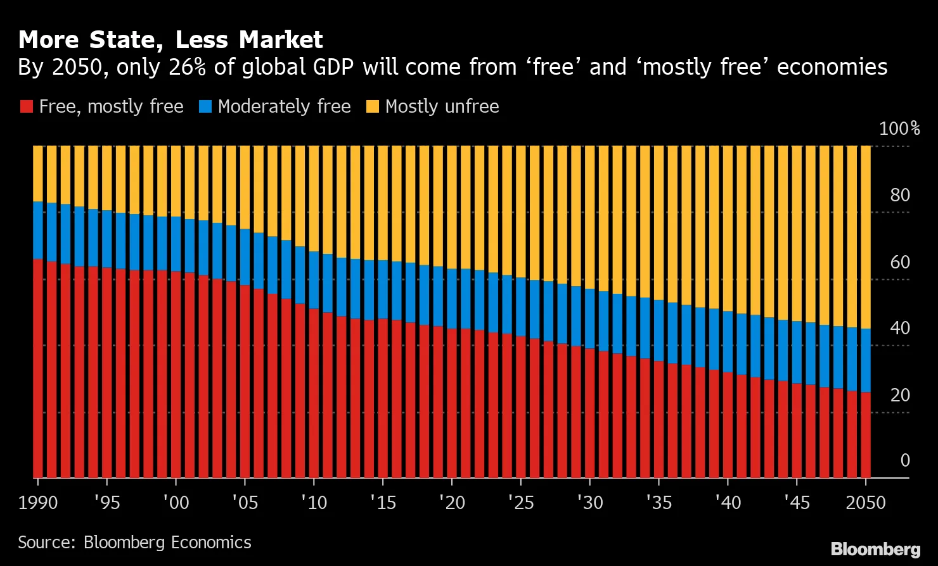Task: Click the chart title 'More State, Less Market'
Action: pyautogui.click(x=170, y=40)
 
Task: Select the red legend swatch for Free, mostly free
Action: pyautogui.click(x=25, y=106)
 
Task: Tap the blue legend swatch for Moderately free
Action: pyautogui.click(x=204, y=106)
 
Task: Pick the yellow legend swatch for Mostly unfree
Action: pyautogui.click(x=372, y=106)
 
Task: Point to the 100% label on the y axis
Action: pyautogui.click(x=899, y=129)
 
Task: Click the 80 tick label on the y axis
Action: pyautogui.click(x=900, y=196)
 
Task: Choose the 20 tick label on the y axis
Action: pyautogui.click(x=900, y=396)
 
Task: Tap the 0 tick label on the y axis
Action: pyautogui.click(x=905, y=461)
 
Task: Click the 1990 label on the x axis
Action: pyautogui.click(x=37, y=503)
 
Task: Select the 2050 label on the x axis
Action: pyautogui.click(x=865, y=503)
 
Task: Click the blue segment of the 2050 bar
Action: pyautogui.click(x=864, y=360)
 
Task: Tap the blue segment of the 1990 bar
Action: pyautogui.click(x=38, y=230)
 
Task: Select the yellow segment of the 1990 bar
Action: pyautogui.click(x=38, y=173)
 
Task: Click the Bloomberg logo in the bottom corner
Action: pyautogui.click(x=875, y=548)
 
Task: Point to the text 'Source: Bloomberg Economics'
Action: pyautogui.click(x=134, y=543)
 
